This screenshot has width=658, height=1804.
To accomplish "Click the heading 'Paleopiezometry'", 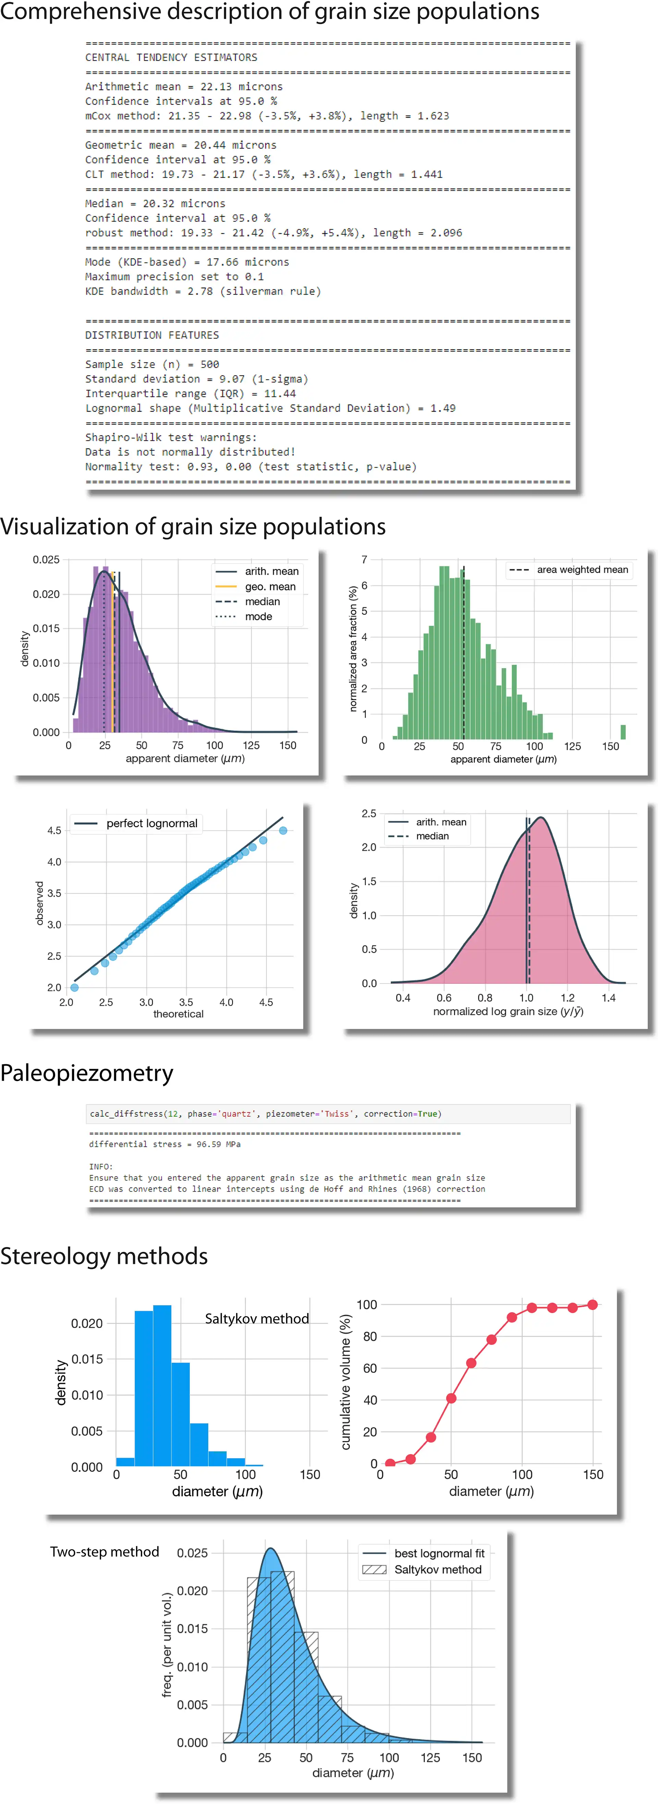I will [x=87, y=1073].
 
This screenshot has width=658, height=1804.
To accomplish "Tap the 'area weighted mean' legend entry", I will [x=582, y=569].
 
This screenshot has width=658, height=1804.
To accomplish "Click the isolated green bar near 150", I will [x=623, y=732].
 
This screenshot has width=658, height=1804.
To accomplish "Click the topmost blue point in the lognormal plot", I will [x=283, y=830].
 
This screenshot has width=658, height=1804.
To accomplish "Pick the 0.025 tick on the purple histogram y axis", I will [x=46, y=560].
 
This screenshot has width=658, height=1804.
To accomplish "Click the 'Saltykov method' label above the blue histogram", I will [x=256, y=1319].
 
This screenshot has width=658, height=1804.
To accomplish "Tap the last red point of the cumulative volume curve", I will [x=593, y=1305].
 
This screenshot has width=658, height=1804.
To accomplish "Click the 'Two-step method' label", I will [x=105, y=1552].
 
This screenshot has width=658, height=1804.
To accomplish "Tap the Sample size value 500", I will [x=209, y=364].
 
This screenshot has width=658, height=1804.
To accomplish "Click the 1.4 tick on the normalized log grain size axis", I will [x=608, y=998].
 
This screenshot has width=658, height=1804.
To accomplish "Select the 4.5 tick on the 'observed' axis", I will [x=54, y=830].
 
